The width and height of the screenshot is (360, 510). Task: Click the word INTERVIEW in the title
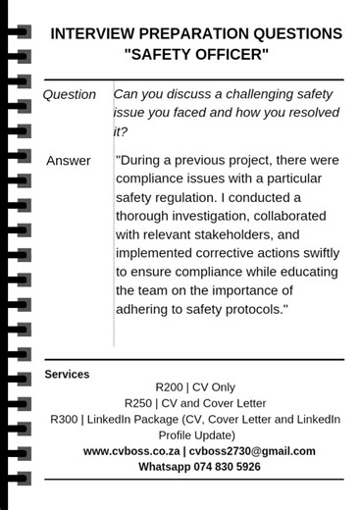(x=89, y=34)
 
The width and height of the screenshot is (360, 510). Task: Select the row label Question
(x=69, y=95)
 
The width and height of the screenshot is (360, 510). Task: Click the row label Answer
(x=69, y=161)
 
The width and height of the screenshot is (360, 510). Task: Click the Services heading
(x=67, y=375)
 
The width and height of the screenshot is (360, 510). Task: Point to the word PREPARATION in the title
(x=197, y=34)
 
